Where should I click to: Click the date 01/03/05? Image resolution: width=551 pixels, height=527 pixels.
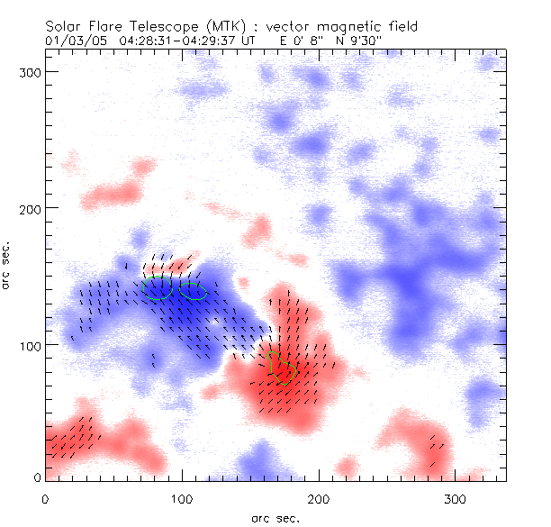coord(68,41)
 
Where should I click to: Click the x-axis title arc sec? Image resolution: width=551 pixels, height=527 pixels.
coord(275,517)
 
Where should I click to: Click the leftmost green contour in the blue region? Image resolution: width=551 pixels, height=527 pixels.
coord(159,290)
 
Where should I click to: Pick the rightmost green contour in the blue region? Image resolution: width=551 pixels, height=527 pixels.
coord(194,291)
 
